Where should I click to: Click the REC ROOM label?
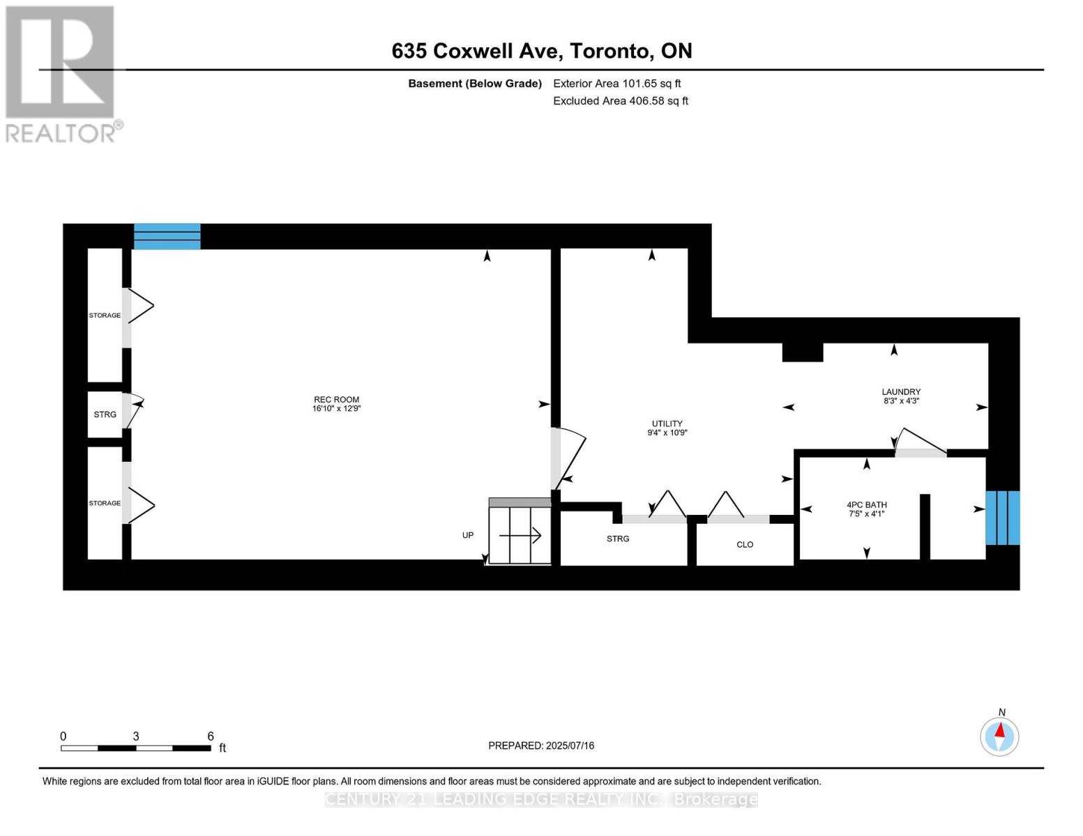(336, 400)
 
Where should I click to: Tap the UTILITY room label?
(667, 424)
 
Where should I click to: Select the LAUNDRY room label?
(901, 392)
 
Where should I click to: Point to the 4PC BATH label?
(867, 505)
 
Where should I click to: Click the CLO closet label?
(745, 545)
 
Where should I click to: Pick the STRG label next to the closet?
(618, 539)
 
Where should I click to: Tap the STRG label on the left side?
(105, 415)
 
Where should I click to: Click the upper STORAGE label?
(105, 316)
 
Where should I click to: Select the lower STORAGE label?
(105, 503)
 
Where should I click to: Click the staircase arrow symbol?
(520, 535)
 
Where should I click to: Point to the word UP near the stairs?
(468, 535)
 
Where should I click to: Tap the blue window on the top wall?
(167, 236)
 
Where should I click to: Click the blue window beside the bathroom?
(1002, 518)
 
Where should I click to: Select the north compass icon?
(999, 736)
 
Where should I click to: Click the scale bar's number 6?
(211, 736)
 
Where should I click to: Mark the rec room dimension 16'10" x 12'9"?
(336, 409)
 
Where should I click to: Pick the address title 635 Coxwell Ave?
(542, 51)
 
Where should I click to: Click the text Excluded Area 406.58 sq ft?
(621, 101)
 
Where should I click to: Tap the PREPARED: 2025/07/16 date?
(541, 745)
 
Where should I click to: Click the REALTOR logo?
(61, 73)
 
